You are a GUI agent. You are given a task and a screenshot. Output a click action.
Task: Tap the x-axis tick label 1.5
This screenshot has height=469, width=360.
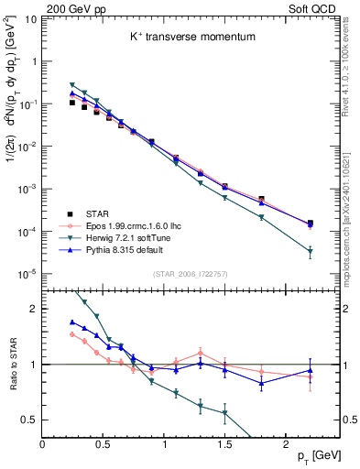[227, 442]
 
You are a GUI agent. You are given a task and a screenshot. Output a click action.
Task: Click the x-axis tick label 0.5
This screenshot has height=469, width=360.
[104, 442]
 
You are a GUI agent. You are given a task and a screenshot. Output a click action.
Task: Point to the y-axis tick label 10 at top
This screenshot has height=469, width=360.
[27, 19]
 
